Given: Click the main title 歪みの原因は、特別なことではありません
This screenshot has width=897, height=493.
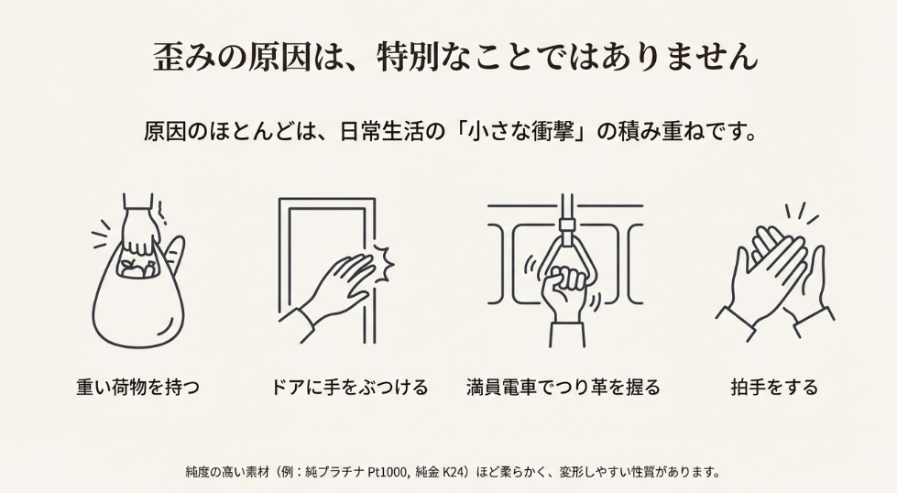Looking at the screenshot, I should click(x=455, y=57).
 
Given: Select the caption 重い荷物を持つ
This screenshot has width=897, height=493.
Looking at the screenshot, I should click(x=137, y=387).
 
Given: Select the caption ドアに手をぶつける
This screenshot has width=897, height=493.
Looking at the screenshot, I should click(x=349, y=387).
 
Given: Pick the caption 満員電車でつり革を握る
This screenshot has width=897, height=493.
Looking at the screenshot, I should click(x=563, y=387).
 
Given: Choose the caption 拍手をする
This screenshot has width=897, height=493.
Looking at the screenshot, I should click(x=774, y=387).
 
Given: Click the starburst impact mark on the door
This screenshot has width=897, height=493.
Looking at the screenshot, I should click(x=384, y=262).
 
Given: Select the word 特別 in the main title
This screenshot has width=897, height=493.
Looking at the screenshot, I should click(x=404, y=57).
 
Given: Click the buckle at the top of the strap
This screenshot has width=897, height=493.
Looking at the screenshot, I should click(x=566, y=224).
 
